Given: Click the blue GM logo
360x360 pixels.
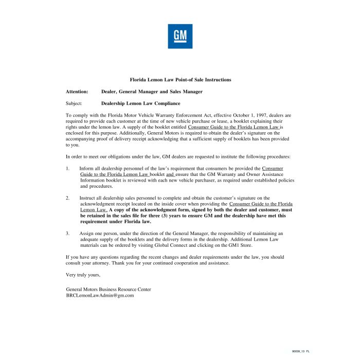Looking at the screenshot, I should tap(180, 36).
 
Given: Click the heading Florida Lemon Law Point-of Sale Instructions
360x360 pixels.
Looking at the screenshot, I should tap(180, 80).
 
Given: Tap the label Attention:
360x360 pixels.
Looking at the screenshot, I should tap(77, 92).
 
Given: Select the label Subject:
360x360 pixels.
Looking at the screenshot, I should tap(74, 103).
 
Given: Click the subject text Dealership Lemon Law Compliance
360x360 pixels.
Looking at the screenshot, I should tap(140, 103).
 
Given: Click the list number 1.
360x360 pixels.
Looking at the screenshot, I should tap(67, 168).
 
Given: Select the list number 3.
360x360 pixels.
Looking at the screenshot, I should tap(67, 233).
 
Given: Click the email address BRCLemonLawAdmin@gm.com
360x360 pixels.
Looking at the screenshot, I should tap(100, 295).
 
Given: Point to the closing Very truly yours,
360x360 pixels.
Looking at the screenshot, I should tap(83, 275).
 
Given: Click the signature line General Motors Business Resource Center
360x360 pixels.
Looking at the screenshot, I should tap(109, 290).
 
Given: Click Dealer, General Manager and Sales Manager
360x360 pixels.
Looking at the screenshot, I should tap(152, 92).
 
